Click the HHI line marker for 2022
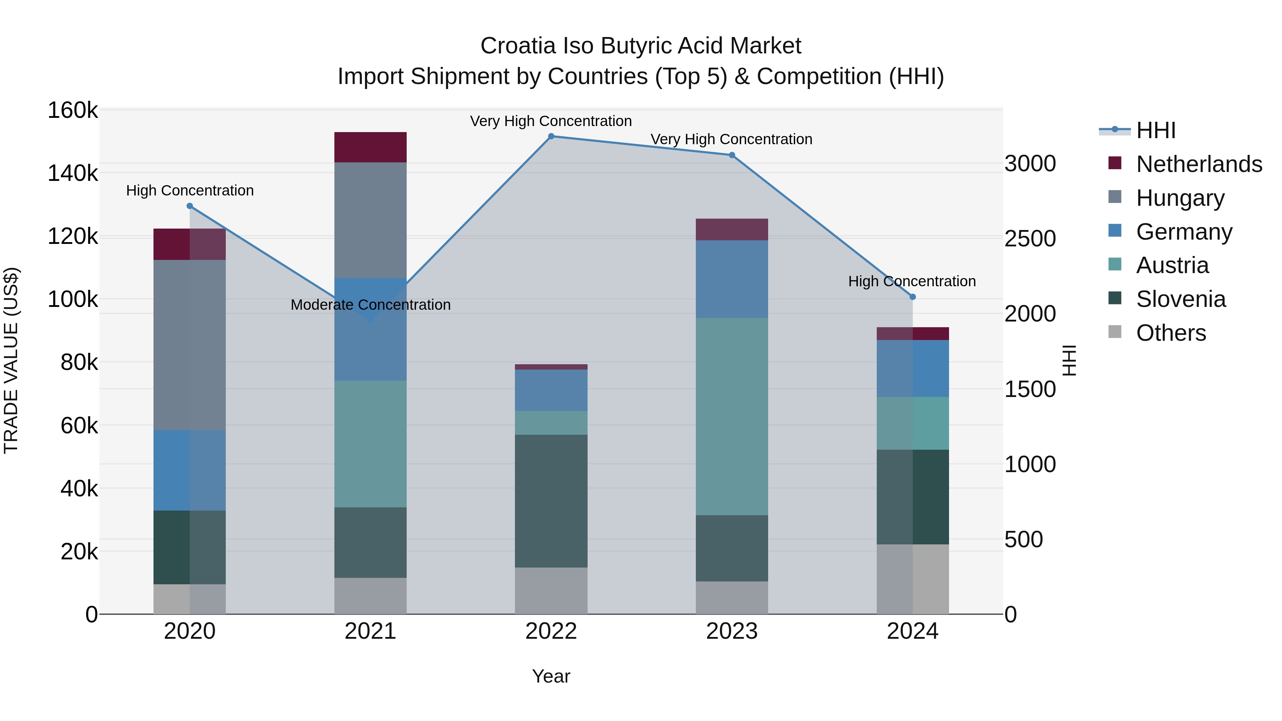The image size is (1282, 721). coord(551,136)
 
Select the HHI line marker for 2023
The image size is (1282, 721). coord(731,155)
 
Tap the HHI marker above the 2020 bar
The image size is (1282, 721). coord(189,206)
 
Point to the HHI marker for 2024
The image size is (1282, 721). coord(912,297)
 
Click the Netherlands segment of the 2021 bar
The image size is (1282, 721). coord(370,147)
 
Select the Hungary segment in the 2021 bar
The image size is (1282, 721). coord(370,220)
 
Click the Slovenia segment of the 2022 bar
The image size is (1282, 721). coord(551,501)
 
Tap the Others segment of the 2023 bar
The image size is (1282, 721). coord(731,597)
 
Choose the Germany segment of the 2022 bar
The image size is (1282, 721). coord(551,390)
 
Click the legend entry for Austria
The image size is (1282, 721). coord(1172,265)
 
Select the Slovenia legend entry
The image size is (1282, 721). coord(1181,299)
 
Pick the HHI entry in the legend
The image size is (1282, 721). coord(1156,130)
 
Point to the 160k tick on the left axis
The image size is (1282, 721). coord(73,110)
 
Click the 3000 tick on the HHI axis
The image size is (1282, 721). coord(1030,164)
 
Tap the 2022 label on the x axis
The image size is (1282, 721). coord(551,631)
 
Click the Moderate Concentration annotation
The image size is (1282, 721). coord(370,304)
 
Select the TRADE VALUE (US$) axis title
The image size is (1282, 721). coord(11,360)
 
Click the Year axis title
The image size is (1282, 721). coord(551,676)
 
